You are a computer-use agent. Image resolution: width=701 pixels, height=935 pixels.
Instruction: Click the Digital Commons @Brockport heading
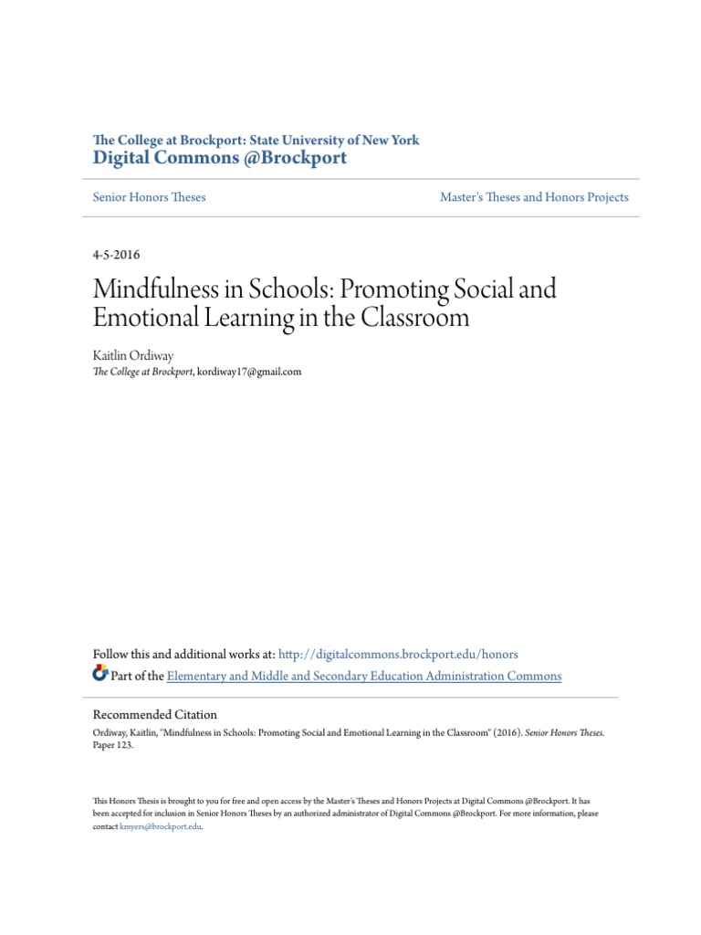click(220, 158)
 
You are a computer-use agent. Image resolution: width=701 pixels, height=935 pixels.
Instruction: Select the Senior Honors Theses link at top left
click(150, 197)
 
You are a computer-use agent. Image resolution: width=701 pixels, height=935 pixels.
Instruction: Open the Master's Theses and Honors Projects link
click(534, 197)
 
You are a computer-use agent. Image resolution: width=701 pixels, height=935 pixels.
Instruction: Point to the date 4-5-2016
click(117, 255)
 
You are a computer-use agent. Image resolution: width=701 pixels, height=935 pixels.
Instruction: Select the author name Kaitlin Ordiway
click(132, 355)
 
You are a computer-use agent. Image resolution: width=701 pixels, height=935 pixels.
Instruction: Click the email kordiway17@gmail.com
click(249, 372)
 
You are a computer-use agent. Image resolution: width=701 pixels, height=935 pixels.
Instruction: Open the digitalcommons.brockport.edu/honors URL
click(398, 655)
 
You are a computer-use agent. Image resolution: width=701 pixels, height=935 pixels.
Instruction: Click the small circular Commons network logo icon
click(99, 675)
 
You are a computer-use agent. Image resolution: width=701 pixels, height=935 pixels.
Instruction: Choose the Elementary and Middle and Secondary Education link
click(364, 677)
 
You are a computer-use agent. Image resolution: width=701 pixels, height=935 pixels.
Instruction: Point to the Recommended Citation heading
click(155, 715)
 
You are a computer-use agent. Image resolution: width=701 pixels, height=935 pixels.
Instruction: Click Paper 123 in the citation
click(113, 745)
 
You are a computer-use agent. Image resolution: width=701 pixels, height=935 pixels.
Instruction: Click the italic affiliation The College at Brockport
click(143, 372)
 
